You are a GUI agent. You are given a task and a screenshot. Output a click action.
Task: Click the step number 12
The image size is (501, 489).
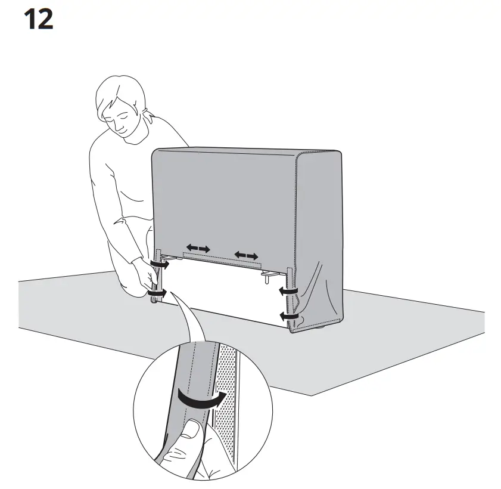(x=38, y=20)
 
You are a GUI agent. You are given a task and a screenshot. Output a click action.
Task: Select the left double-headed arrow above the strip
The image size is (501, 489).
(x=198, y=248)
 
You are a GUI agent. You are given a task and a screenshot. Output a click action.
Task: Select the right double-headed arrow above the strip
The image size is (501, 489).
(x=246, y=256)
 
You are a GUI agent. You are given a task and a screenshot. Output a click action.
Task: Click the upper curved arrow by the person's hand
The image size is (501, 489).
(x=160, y=264)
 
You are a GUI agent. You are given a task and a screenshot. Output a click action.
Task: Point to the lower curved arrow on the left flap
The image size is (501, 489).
(x=157, y=293)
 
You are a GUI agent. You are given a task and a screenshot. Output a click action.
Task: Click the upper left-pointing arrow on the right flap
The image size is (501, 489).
(x=288, y=291)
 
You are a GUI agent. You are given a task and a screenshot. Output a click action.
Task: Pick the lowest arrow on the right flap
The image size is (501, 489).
(x=289, y=317)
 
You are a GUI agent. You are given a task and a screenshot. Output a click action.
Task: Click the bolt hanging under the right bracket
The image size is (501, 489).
(x=266, y=279)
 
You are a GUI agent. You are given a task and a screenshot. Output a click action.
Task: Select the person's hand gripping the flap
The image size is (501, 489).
(x=147, y=275)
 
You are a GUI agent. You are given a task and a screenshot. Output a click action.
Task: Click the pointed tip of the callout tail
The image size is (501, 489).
(x=170, y=292)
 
